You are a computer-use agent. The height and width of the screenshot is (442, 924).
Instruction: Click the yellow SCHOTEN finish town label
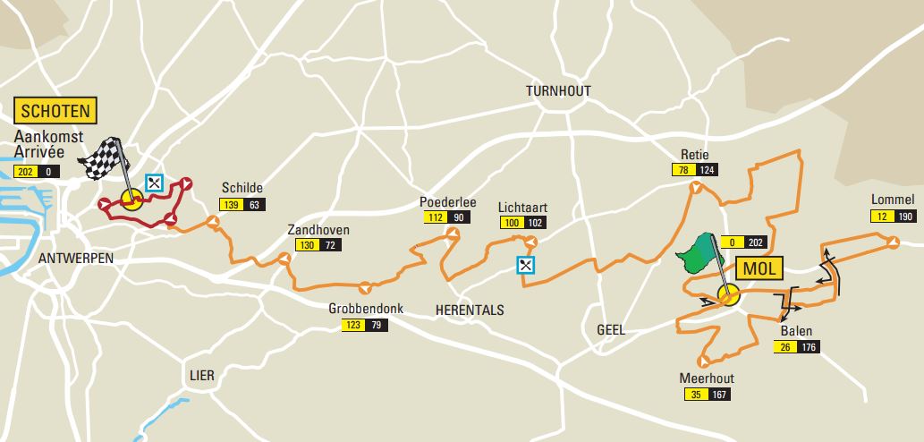(54, 111)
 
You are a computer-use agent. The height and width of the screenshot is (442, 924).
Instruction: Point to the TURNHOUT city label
(559, 92)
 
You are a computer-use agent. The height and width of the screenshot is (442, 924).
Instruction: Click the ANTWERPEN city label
(76, 258)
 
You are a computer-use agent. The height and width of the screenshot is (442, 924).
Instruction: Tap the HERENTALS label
(470, 310)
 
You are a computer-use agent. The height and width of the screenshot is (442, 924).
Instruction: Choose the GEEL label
(611, 330)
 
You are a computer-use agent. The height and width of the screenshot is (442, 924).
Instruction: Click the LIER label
(202, 374)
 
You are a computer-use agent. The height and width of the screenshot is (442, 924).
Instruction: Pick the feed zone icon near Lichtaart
(526, 264)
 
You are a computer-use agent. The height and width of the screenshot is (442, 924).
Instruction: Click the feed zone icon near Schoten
(155, 182)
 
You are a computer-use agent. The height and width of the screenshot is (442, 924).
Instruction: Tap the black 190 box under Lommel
(904, 216)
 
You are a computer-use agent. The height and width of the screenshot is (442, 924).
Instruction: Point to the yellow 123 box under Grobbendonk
(352, 325)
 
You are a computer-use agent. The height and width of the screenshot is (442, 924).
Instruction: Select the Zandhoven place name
(318, 230)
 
